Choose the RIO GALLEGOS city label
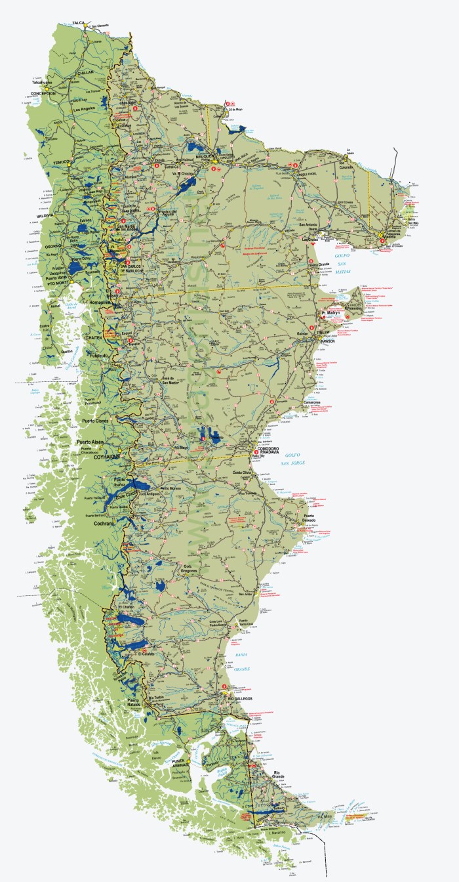pos(240,700)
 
